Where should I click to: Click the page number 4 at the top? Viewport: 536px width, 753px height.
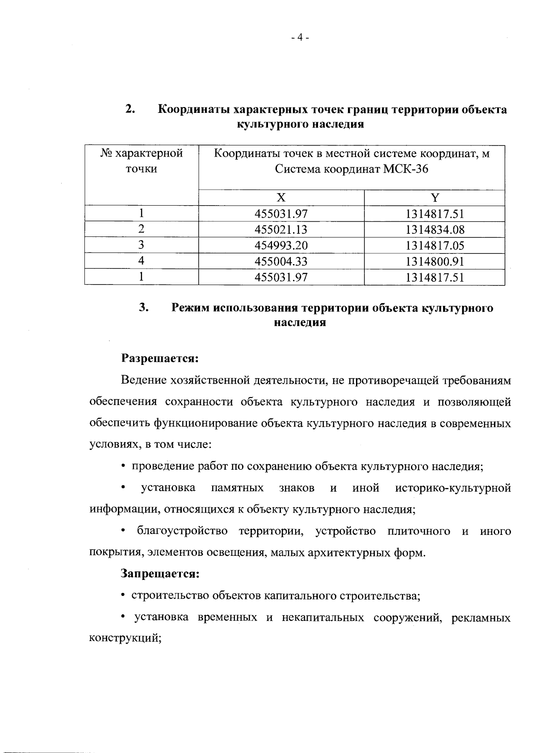(300, 38)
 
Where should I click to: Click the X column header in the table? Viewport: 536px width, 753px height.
(281, 198)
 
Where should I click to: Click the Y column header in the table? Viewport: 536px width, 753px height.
(435, 198)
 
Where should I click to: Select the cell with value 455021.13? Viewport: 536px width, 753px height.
(281, 230)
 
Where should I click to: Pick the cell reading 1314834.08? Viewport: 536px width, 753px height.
(435, 230)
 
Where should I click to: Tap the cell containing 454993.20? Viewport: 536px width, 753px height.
(281, 245)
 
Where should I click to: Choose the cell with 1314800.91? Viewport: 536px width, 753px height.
(435, 261)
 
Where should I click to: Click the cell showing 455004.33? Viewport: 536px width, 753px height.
(281, 261)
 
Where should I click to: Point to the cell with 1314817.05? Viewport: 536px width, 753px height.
(435, 245)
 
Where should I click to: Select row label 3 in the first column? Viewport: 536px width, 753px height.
(141, 245)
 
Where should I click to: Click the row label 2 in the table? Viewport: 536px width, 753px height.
(141, 229)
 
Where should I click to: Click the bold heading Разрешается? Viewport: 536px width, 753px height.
(160, 359)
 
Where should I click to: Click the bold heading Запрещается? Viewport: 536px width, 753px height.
(160, 574)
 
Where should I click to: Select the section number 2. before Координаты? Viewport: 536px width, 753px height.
(130, 109)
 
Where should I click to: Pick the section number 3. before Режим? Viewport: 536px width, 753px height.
(143, 307)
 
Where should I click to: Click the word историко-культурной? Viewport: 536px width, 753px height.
(452, 488)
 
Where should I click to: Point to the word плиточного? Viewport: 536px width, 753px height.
(419, 531)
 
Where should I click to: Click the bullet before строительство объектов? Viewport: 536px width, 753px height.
(123, 596)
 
